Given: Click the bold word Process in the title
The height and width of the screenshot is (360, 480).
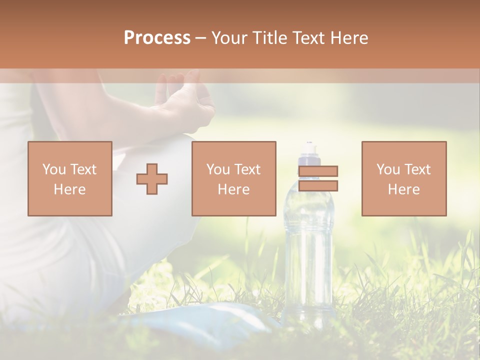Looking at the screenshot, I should click(157, 38).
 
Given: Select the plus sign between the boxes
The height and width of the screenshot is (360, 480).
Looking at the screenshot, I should click(152, 179).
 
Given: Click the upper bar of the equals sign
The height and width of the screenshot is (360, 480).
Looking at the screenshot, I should click(318, 171).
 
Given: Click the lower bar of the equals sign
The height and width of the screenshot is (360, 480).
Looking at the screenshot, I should click(318, 186).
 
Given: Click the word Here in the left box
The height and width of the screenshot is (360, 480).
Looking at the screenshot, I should click(69, 189).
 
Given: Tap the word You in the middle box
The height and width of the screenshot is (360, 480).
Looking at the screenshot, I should click(218, 169).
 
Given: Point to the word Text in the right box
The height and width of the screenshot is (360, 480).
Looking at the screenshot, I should click(417, 169).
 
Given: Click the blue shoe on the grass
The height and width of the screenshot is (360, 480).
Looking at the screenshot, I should click(220, 320).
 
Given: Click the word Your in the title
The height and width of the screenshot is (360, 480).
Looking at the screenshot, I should click(230, 38).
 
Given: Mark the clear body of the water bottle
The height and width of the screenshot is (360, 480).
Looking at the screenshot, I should click(309, 250).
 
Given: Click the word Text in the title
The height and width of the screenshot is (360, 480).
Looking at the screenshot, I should click(308, 38).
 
